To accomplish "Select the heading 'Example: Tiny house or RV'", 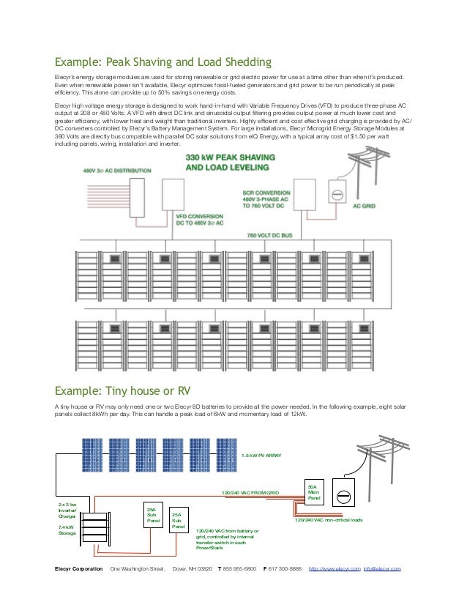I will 128,389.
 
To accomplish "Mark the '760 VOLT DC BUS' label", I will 272,235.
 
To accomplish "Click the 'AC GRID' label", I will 364,207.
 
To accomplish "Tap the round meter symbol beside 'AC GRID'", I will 338,196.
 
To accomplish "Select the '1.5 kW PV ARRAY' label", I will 261,455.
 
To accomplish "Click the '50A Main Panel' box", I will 314,491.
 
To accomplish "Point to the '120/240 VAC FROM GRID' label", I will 250,493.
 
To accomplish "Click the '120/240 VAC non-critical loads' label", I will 329,519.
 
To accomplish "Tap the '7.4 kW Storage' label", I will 67,530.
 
